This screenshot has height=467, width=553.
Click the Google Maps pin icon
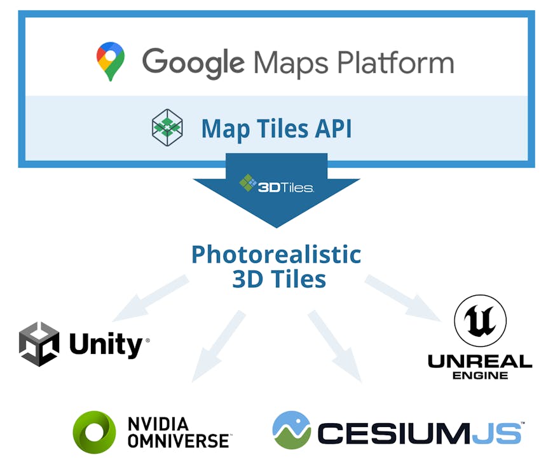111,62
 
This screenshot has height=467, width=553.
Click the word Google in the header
193,62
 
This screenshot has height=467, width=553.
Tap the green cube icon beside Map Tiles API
167,127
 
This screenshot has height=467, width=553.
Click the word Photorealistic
276,254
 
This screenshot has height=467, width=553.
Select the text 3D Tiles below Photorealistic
279,279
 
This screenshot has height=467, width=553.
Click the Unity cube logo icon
39,344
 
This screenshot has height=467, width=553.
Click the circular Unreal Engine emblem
480,320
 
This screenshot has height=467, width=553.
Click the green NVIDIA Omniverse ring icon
95,432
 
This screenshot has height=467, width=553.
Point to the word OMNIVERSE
179,440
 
